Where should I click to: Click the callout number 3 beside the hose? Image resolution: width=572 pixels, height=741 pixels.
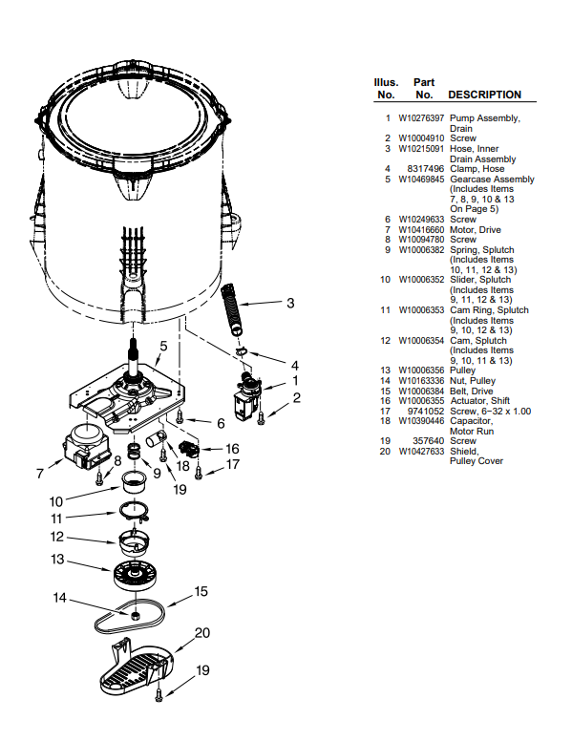(289, 304)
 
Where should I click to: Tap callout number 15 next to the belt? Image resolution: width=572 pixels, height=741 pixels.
(201, 591)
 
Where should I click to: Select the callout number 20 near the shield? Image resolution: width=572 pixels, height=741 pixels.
(201, 632)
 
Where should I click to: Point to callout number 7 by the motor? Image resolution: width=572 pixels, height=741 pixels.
(39, 473)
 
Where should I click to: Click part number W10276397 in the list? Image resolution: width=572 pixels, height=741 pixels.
(420, 117)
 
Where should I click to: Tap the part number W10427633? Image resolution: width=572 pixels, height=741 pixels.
(420, 452)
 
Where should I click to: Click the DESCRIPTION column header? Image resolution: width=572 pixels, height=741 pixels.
(484, 95)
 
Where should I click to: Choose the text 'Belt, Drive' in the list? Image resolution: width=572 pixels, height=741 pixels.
(472, 391)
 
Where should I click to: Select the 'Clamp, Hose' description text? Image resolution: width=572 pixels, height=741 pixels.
(477, 169)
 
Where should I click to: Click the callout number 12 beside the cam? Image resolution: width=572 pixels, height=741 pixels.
(56, 536)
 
